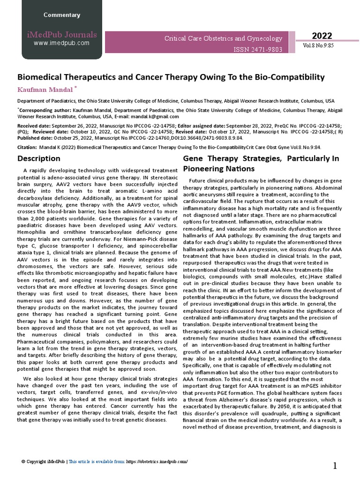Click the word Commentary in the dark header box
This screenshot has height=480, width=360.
click(x=61, y=15)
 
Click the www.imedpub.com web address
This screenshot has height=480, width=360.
click(x=61, y=43)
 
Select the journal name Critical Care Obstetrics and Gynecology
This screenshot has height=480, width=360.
click(x=223, y=38)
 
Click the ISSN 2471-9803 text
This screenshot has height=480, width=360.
click(x=258, y=49)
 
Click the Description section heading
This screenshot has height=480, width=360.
click(x=39, y=158)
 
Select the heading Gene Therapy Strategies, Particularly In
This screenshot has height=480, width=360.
click(x=261, y=158)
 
